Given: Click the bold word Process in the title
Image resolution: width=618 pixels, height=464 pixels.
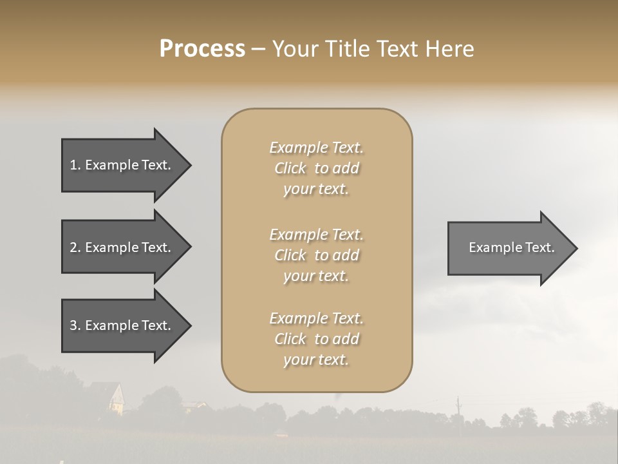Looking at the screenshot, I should point(202,49).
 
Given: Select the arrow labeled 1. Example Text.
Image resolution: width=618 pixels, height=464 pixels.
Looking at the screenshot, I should point(122,165).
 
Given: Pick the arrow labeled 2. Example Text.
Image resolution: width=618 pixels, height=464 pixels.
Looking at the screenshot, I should point(122,247).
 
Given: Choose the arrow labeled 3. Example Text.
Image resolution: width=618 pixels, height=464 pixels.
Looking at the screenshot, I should point(122,325).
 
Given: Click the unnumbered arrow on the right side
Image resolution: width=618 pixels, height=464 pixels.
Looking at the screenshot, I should point(509,247).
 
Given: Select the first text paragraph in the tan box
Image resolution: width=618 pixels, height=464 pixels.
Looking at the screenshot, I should point(317,168).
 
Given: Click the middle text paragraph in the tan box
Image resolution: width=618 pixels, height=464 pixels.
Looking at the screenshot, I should point(317,255).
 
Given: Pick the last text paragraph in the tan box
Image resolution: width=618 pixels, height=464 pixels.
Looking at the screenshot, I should point(317,339).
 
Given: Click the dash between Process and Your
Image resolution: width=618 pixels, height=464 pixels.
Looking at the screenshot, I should point(258,50).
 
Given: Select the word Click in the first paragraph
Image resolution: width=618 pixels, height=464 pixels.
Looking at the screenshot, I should point(290,168).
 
